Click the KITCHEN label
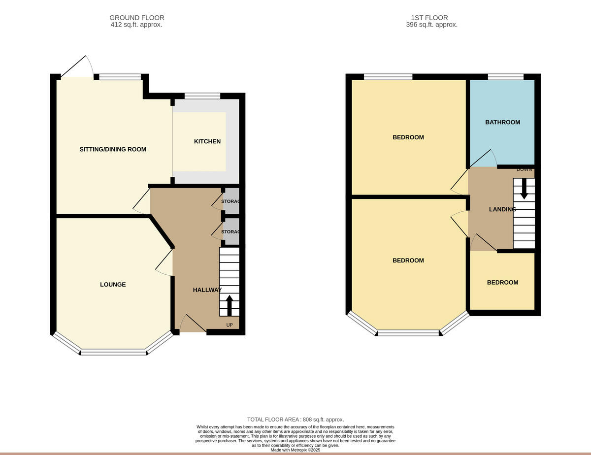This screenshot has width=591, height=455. pyautogui.click(x=207, y=141)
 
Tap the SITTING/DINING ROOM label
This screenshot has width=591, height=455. pyautogui.click(x=113, y=149)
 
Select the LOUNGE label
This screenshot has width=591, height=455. pyautogui.click(x=113, y=284)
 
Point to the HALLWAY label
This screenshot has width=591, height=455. pyautogui.click(x=207, y=290)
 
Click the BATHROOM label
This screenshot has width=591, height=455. pyautogui.click(x=502, y=122)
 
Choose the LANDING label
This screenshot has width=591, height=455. pyautogui.click(x=502, y=209)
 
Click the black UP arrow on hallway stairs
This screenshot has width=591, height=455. pyautogui.click(x=229, y=305)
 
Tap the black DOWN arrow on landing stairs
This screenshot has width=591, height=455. pyautogui.click(x=524, y=189)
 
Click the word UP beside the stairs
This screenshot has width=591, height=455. pyautogui.click(x=230, y=325)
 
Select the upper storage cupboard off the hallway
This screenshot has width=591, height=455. pyautogui.click(x=231, y=201)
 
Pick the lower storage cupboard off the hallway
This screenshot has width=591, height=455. pyautogui.click(x=231, y=232)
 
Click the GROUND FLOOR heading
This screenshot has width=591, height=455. pyautogui.click(x=136, y=18)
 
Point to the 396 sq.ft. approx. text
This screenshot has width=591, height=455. pyautogui.click(x=431, y=25)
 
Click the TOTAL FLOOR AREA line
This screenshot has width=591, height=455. pyautogui.click(x=295, y=420)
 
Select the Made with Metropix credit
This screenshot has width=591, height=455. pyautogui.click(x=295, y=450)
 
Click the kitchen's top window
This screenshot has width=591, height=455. pyautogui.click(x=202, y=96)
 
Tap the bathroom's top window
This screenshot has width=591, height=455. pyautogui.click(x=505, y=76)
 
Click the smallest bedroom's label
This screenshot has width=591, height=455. pyautogui.click(x=502, y=282)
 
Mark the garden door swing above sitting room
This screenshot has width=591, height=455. pyautogui.click(x=78, y=67)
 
